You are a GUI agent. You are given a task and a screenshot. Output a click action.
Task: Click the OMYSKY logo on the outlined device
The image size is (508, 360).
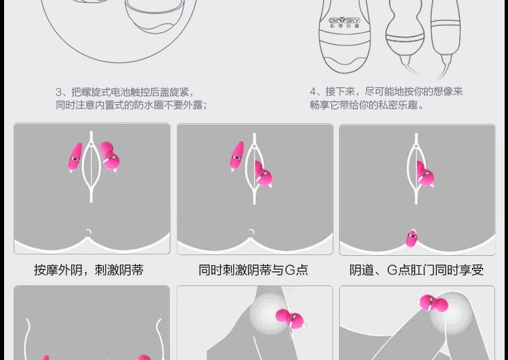pos(344,20)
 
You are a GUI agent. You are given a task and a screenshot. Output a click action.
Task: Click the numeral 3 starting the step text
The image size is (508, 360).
pos(59,91)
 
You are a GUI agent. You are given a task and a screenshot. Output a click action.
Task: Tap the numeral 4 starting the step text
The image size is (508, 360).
pos(314,91)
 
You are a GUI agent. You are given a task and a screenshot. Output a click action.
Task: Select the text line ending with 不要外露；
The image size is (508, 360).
pos(131,105)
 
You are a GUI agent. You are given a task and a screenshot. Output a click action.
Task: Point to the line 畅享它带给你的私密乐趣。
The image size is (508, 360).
pos(367,105)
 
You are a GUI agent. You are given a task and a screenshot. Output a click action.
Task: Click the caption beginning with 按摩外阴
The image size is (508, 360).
pos(89,270)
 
